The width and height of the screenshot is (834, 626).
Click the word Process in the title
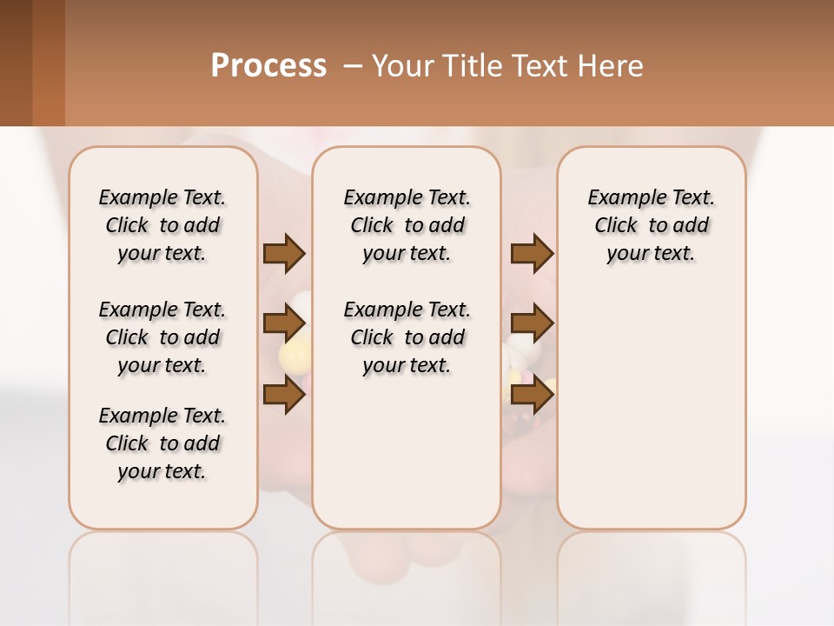point(268,65)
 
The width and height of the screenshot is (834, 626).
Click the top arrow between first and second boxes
point(284,254)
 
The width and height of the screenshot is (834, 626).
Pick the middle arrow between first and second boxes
point(284,324)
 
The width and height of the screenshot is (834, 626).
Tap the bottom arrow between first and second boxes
point(284,395)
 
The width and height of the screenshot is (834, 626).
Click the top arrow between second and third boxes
point(532,254)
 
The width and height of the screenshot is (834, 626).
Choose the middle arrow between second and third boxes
point(532,324)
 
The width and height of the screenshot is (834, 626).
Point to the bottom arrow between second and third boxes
point(532,395)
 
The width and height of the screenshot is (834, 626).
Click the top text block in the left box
point(162,225)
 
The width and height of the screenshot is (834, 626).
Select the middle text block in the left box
point(162,337)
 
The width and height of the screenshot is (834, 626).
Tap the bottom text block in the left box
point(162,443)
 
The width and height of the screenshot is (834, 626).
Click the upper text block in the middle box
point(407,225)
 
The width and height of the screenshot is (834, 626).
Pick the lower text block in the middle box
point(407,337)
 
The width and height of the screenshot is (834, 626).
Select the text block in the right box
point(651,225)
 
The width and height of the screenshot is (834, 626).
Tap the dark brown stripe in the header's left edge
point(16,63)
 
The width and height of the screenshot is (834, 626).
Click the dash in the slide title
point(353,66)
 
